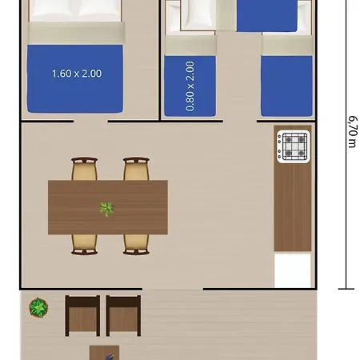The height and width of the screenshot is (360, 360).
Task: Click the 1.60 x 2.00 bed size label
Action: pyautogui.click(x=76, y=74)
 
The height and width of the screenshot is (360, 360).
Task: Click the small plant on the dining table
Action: pyautogui.click(x=106, y=209)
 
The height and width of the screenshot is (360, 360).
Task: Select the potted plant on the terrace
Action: pyautogui.click(x=38, y=307)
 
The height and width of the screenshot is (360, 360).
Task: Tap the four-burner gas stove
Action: pyautogui.click(x=293, y=145)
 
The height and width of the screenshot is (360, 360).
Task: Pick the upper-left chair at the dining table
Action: pyautogui.click(x=84, y=169)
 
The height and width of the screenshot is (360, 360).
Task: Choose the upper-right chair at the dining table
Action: pyautogui.click(x=136, y=169)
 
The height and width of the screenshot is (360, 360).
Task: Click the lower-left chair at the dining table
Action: pyautogui.click(x=84, y=244)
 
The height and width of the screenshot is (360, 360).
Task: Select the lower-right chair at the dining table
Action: pyautogui.click(x=136, y=244)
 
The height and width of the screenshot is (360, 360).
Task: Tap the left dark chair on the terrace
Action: pyautogui.click(x=82, y=315)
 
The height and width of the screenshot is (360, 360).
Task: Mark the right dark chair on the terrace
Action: pyautogui.click(x=123, y=315)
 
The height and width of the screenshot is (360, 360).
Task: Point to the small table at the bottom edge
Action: pyautogui.click(x=104, y=353)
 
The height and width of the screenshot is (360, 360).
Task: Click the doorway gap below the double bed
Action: pyautogui.click(x=91, y=122)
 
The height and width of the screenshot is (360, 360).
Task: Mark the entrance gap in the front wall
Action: pyautogui.click(x=174, y=288)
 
